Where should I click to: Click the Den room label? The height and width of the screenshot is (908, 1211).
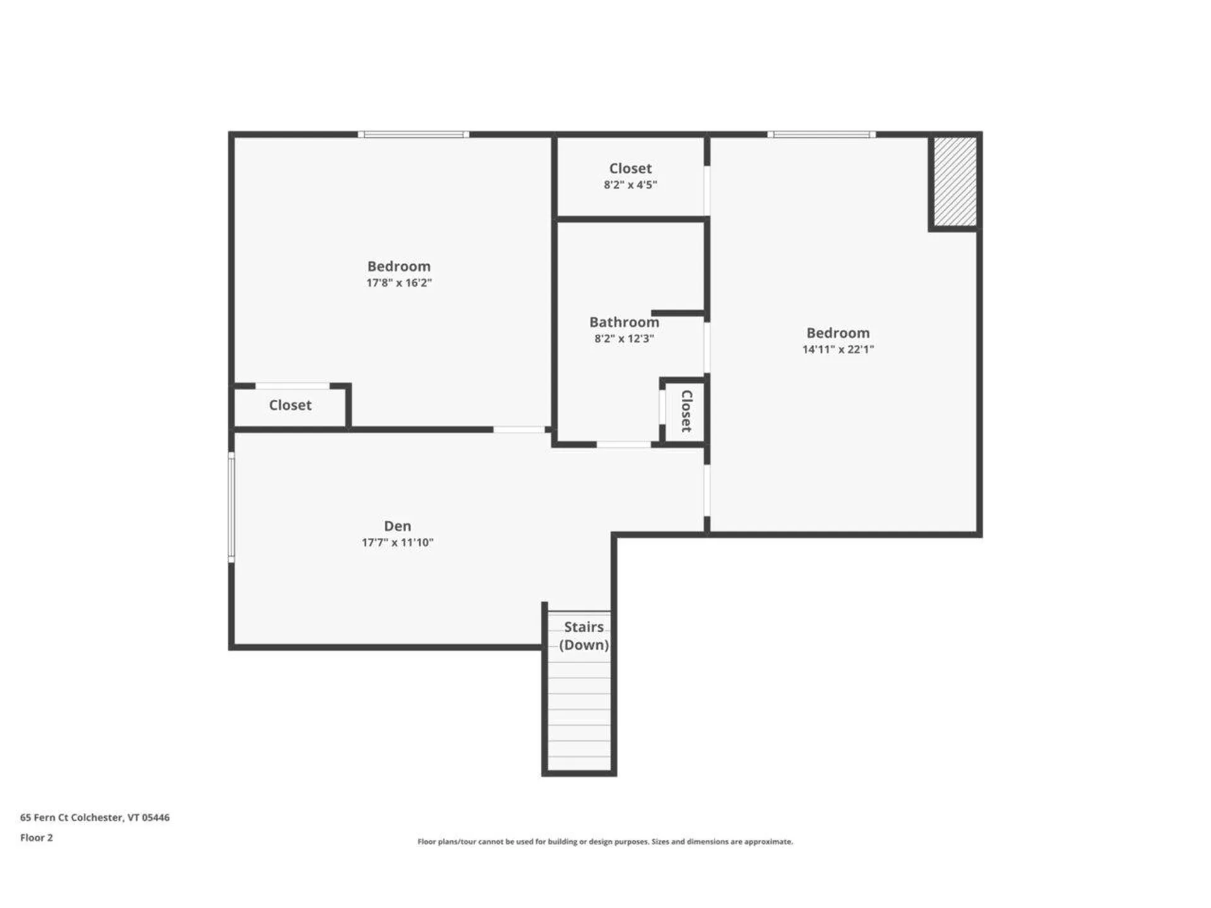tap(397, 526)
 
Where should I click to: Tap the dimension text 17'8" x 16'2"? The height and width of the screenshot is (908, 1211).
tap(399, 283)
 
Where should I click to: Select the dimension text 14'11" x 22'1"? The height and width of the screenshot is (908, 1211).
tap(838, 349)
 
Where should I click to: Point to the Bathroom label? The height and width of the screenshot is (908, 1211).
tap(624, 322)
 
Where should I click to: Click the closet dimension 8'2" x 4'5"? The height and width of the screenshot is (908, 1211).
tap(630, 185)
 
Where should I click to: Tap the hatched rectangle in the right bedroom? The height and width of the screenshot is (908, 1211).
tap(955, 182)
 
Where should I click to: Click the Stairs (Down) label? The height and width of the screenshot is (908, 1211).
tap(583, 636)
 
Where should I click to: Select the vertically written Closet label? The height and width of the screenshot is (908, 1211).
tap(687, 411)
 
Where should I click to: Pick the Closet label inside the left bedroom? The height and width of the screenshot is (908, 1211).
tap(290, 405)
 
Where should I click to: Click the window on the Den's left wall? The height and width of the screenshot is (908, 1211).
tap(231, 507)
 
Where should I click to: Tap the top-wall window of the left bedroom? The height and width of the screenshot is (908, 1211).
tap(413, 134)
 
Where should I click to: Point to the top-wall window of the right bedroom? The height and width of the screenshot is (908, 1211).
tap(821, 134)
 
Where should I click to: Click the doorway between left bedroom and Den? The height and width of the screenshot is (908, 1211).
tap(518, 429)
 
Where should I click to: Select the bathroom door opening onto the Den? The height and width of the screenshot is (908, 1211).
tap(623, 445)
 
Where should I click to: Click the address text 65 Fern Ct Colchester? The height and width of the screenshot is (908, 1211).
tap(95, 817)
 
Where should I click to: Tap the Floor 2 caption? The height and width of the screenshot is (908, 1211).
tap(37, 837)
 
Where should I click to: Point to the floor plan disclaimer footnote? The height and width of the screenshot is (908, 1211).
tap(605, 841)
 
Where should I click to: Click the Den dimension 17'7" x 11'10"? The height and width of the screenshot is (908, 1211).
tap(397, 542)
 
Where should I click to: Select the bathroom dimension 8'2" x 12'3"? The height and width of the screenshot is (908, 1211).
tap(624, 339)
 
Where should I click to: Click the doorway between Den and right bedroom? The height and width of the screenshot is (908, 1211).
tap(706, 491)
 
